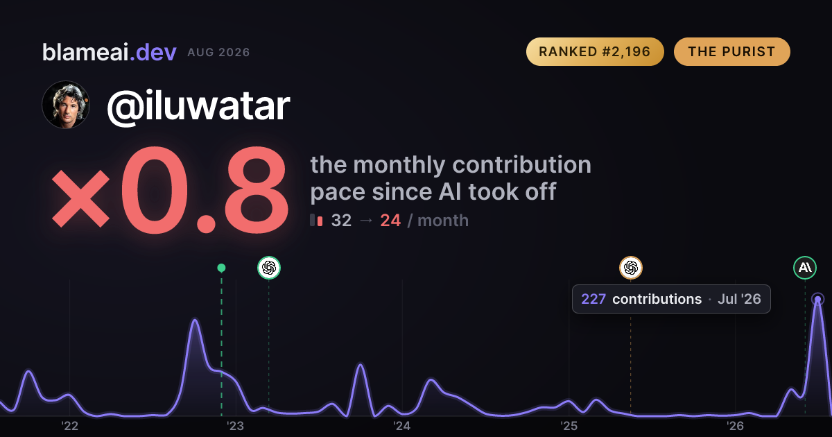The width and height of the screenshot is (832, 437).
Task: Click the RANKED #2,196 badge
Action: point(595,51)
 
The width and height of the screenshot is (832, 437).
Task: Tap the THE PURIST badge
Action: point(731,51)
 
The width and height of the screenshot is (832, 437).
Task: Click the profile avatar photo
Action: point(66,105)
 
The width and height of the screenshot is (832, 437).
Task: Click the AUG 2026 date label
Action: point(218,53)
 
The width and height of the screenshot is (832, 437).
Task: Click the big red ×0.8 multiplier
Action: point(170,190)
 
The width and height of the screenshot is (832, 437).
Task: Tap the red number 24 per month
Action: point(390,221)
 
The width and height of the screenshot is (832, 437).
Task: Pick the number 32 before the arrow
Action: point(341,221)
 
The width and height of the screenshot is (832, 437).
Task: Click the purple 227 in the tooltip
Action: point(593,299)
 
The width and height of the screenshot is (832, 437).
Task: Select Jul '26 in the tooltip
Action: point(739,299)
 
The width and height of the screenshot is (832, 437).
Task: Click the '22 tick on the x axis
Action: point(69,426)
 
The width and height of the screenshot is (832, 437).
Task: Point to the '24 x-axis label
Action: point(402,426)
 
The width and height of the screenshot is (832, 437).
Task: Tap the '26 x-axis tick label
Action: point(735,426)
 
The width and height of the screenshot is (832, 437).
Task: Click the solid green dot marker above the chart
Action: point(221,268)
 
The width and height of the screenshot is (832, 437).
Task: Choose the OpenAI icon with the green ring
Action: point(269,268)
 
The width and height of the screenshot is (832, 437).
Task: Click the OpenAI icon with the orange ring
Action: point(631,268)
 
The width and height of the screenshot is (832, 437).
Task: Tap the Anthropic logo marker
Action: point(805,268)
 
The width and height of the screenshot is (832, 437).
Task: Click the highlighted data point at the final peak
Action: point(818,299)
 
